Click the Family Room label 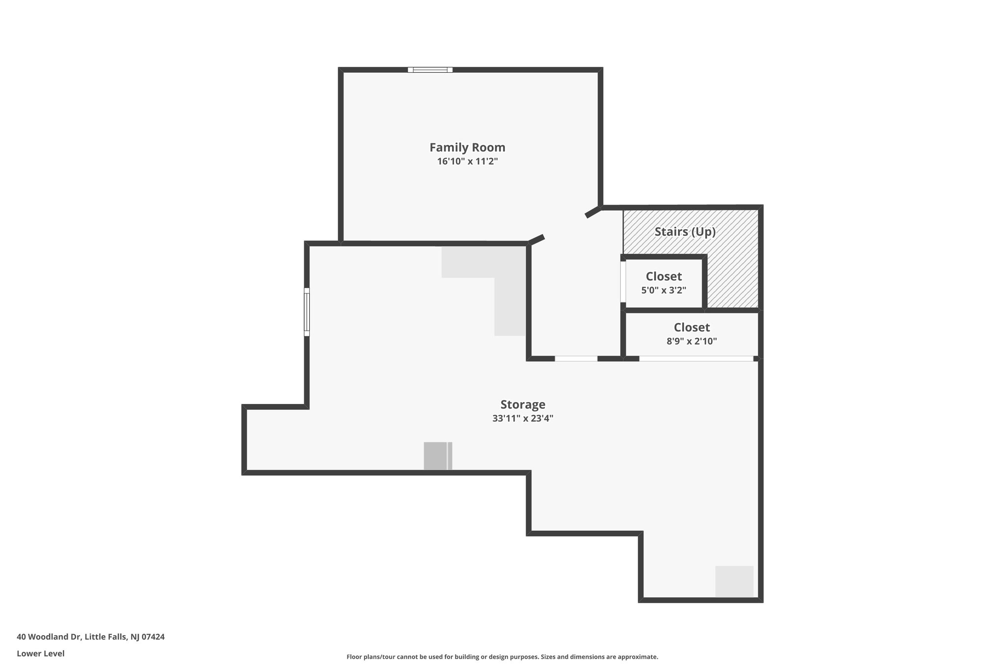tap(467, 147)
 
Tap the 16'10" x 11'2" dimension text tap(467, 161)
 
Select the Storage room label tap(523, 405)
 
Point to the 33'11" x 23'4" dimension tap(523, 419)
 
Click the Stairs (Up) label tap(685, 232)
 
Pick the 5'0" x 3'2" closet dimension tap(663, 290)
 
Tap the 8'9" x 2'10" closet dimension tap(691, 341)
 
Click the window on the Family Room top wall tap(430, 70)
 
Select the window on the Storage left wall tap(307, 312)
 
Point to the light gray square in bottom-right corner tap(734, 582)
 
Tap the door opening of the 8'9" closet tap(696, 358)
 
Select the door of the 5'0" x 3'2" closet tap(623, 282)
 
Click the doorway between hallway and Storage tap(576, 358)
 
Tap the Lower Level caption tap(41, 653)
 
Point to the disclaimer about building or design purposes tap(502, 657)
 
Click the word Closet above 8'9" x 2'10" tap(691, 327)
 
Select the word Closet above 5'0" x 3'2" tap(663, 276)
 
